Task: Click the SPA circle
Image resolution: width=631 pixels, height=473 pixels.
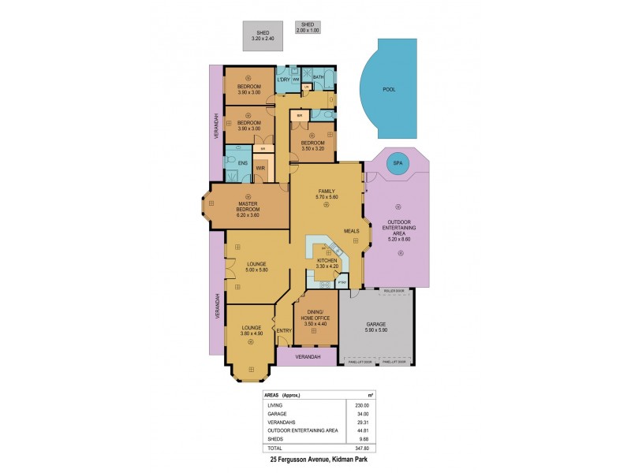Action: coord(398,165)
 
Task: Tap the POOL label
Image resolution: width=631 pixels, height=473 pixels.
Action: coord(389,90)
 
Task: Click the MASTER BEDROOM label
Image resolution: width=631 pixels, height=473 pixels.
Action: coord(248,207)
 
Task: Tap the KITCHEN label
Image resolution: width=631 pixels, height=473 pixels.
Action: coord(327,260)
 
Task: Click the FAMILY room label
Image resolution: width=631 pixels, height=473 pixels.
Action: coord(327,192)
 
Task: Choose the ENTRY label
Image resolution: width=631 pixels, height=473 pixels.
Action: coord(284,330)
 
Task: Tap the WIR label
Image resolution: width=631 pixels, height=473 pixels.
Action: coord(259,168)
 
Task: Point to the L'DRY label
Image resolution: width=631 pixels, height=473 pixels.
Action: coord(283,80)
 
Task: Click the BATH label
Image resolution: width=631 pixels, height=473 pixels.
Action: coord(319,76)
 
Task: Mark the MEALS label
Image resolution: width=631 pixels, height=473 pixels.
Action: coord(352,231)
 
